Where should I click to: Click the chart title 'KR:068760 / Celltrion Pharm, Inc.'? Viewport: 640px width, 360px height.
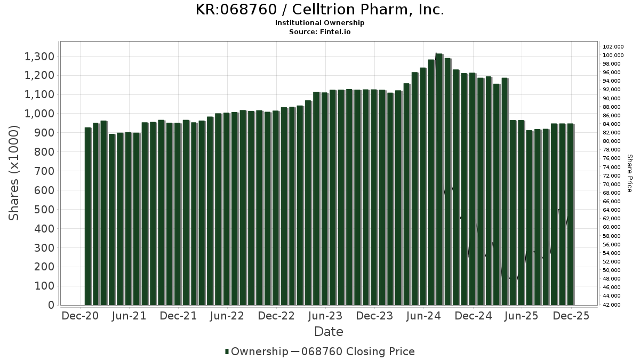(x=319, y=10)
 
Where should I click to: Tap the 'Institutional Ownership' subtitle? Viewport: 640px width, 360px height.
(x=319, y=23)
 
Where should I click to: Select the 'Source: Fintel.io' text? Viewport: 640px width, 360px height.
(x=319, y=32)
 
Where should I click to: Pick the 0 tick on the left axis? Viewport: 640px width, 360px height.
(x=51, y=305)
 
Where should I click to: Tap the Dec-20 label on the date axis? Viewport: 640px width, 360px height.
(x=80, y=316)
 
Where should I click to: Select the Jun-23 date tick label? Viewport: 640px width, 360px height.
(x=325, y=316)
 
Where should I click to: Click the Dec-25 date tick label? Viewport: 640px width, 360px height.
(x=571, y=316)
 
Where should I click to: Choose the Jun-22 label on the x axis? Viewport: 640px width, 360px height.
(x=227, y=316)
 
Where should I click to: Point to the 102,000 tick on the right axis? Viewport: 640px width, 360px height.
(x=613, y=47)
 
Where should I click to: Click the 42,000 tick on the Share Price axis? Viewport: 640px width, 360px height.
(x=613, y=305)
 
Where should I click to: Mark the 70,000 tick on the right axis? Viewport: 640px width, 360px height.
(x=613, y=185)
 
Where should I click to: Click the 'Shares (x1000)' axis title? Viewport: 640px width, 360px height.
(x=14, y=173)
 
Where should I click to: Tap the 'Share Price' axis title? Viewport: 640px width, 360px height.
(x=629, y=173)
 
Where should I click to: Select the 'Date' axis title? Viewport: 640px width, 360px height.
(x=329, y=332)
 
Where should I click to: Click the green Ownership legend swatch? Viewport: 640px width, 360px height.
(x=227, y=351)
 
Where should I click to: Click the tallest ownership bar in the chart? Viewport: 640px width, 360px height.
(x=439, y=179)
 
